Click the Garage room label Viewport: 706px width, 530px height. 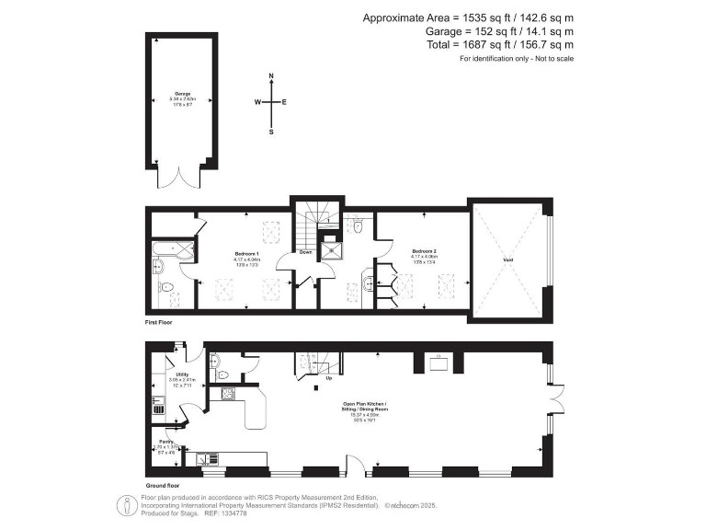[182, 94]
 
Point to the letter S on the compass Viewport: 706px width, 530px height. [271, 132]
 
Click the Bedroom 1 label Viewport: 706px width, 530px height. [246, 252]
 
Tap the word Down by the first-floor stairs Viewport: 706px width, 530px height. [305, 253]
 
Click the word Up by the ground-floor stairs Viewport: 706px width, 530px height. [329, 377]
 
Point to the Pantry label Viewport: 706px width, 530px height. [154, 441]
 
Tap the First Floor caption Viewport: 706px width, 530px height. [158, 323]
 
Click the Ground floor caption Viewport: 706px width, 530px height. [162, 484]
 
